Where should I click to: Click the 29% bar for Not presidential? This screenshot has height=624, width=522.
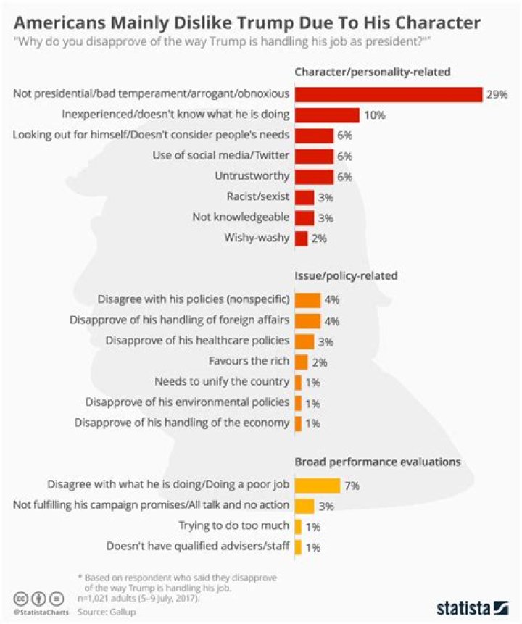point(389,94)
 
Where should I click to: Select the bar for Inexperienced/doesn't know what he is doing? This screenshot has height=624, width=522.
point(327,115)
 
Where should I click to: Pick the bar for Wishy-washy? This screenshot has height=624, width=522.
point(301,238)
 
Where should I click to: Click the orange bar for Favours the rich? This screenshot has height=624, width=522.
point(301,360)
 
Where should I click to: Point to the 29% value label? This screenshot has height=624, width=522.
point(497,94)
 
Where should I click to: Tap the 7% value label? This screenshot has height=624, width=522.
point(352,485)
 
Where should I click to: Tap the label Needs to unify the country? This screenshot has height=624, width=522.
point(223,381)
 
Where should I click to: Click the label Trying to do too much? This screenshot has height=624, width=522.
point(234,525)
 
